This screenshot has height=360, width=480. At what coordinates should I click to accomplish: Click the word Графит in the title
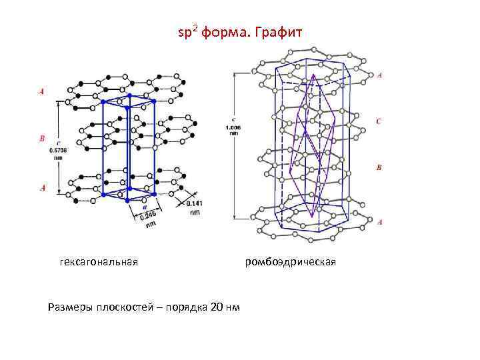[280, 31]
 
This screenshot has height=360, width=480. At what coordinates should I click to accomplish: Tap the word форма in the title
[226, 31]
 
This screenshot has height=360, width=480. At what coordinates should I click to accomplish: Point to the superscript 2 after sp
[194, 27]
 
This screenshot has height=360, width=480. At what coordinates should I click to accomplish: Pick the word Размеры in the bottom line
[70, 307]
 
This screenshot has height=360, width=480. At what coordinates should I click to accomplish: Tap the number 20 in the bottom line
[217, 307]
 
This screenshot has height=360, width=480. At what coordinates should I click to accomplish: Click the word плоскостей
[127, 307]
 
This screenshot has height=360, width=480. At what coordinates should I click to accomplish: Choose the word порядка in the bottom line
[184, 307]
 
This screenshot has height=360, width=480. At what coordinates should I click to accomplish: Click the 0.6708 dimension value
[59, 150]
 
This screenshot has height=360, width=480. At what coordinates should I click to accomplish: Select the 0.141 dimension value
[195, 203]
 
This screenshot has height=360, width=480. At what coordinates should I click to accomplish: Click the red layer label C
[379, 121]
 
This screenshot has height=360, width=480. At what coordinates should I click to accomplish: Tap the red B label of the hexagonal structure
[43, 139]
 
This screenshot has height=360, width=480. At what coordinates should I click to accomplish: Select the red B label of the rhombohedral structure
[379, 168]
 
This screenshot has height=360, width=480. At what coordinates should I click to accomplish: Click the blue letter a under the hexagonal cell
[144, 207]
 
